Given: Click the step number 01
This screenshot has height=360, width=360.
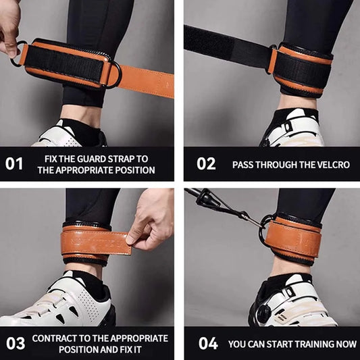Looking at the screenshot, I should click(x=14, y=163).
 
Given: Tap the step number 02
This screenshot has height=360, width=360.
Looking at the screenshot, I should click(x=206, y=163).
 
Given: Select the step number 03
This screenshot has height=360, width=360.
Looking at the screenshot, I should click(x=15, y=343).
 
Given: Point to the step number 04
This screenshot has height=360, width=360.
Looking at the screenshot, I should click(x=208, y=343).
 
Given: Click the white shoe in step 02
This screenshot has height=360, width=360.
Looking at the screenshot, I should click(x=294, y=132).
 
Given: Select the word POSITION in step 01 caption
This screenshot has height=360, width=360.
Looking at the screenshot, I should click(x=134, y=170).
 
